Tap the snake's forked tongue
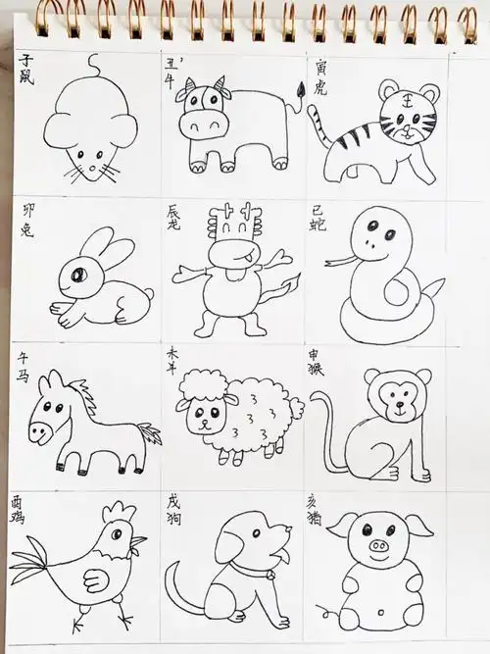tap(336, 261)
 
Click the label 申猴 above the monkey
tap(320, 355)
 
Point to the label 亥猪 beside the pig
tap(320, 504)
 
